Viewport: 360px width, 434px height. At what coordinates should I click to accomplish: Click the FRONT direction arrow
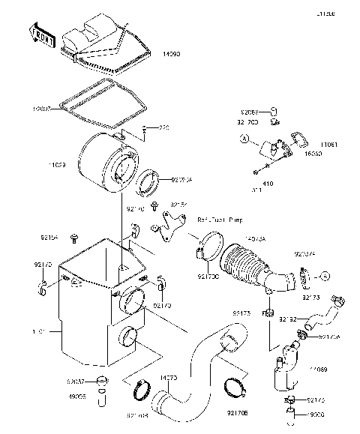point(41,32)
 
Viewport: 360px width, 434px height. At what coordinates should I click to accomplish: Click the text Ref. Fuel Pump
point(220,220)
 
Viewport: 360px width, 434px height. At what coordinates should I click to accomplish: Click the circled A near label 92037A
point(325,277)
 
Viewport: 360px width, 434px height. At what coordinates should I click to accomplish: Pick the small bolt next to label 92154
point(74,238)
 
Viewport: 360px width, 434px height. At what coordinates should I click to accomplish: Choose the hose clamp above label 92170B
point(236,388)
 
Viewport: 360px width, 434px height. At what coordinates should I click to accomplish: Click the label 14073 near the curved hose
point(168,379)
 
